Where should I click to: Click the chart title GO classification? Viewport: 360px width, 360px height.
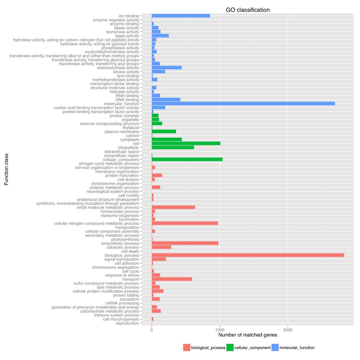click(x=248, y=10)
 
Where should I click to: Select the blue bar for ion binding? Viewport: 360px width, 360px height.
click(x=181, y=16)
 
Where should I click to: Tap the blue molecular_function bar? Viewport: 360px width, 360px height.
click(x=243, y=104)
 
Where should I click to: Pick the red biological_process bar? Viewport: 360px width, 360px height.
click(x=248, y=255)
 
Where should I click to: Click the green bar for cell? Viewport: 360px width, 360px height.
click(x=186, y=144)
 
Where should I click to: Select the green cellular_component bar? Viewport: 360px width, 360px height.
click(x=187, y=160)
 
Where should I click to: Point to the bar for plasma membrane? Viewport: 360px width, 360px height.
click(x=164, y=132)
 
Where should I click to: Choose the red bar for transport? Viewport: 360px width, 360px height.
click(x=172, y=279)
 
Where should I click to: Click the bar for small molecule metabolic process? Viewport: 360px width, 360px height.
click(x=173, y=207)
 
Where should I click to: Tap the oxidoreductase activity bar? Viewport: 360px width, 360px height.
click(x=166, y=68)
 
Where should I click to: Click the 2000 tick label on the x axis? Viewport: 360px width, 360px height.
click(x=288, y=330)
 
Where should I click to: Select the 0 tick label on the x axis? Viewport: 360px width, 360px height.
click(x=152, y=330)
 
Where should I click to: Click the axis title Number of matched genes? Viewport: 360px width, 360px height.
click(x=248, y=335)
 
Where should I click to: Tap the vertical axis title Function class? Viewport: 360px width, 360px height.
click(x=6, y=169)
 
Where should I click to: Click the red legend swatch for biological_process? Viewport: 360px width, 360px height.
click(x=187, y=348)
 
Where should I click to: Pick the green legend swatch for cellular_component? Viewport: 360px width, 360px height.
click(x=230, y=348)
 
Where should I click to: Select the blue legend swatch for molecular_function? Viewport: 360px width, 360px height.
click(x=275, y=348)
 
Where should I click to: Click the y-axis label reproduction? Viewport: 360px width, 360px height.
click(x=127, y=323)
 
